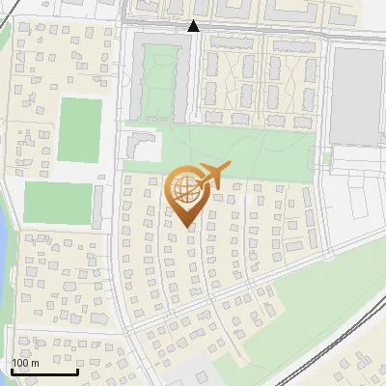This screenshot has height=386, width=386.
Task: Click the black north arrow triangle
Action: [193, 26]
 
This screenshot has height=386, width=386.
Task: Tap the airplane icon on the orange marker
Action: [210, 176]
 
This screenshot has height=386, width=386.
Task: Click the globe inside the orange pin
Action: [187, 191]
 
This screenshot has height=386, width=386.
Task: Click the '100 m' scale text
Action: [25, 363]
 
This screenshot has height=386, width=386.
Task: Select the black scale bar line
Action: [43, 372]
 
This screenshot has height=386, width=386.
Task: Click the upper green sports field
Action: [79, 130]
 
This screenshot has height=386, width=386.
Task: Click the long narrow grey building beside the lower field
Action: [98, 205]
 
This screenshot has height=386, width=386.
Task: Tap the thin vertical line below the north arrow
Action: [193, 87]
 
